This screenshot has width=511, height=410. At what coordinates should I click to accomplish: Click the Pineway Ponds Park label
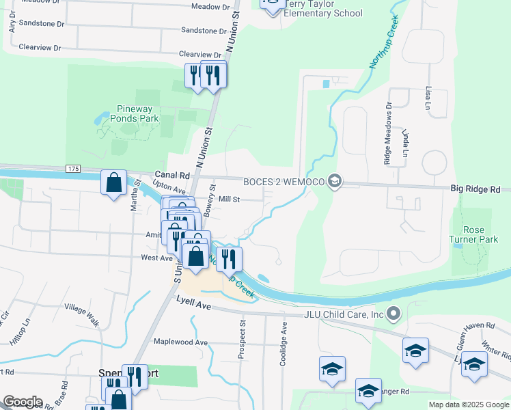pyautogui.click(x=128, y=113)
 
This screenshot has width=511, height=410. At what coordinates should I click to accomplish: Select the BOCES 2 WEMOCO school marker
pyautogui.click(x=335, y=181)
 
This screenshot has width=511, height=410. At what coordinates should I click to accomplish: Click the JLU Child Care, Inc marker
pyautogui.click(x=393, y=314)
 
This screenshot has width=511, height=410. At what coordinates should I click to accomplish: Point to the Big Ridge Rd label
pyautogui.click(x=476, y=189)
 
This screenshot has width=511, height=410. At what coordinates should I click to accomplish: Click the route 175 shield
pyautogui.click(x=74, y=168)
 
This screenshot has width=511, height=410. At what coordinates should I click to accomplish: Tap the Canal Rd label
pyautogui.click(x=171, y=175)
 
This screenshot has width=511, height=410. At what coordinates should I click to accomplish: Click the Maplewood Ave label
pyautogui.click(x=180, y=342)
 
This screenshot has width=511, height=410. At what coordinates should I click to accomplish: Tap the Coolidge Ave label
pyautogui.click(x=283, y=344)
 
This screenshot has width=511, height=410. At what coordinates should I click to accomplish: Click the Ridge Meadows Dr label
pyautogui.click(x=388, y=134)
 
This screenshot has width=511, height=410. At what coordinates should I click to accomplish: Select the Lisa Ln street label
pyautogui.click(x=428, y=98)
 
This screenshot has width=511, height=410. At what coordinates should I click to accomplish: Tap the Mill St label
pyautogui.click(x=229, y=200)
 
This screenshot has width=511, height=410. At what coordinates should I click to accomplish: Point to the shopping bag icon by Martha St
pyautogui.click(x=113, y=183)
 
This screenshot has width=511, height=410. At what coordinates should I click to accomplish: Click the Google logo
pyautogui.click(x=22, y=402)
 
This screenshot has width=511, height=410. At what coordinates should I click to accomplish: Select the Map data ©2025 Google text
pyautogui.click(x=468, y=405)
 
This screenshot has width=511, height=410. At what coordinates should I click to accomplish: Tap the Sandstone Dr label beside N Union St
pyautogui.click(x=204, y=31)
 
